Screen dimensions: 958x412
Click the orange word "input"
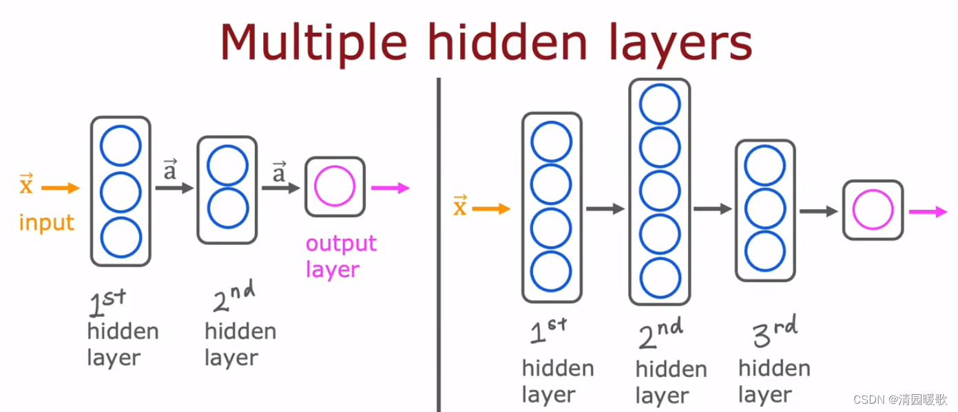46,223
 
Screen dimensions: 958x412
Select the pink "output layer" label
341,256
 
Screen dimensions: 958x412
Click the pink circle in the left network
335,186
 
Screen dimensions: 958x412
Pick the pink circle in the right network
873,210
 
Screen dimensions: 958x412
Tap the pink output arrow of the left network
390,188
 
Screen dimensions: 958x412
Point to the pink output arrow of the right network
928,211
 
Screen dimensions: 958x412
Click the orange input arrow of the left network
61,187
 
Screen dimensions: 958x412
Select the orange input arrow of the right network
491,209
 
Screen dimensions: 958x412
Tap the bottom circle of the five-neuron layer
660,277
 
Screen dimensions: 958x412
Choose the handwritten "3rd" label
774,333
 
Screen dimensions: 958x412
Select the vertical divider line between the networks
438,241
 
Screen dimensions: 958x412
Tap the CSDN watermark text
899,400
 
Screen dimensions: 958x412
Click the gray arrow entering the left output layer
280,188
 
